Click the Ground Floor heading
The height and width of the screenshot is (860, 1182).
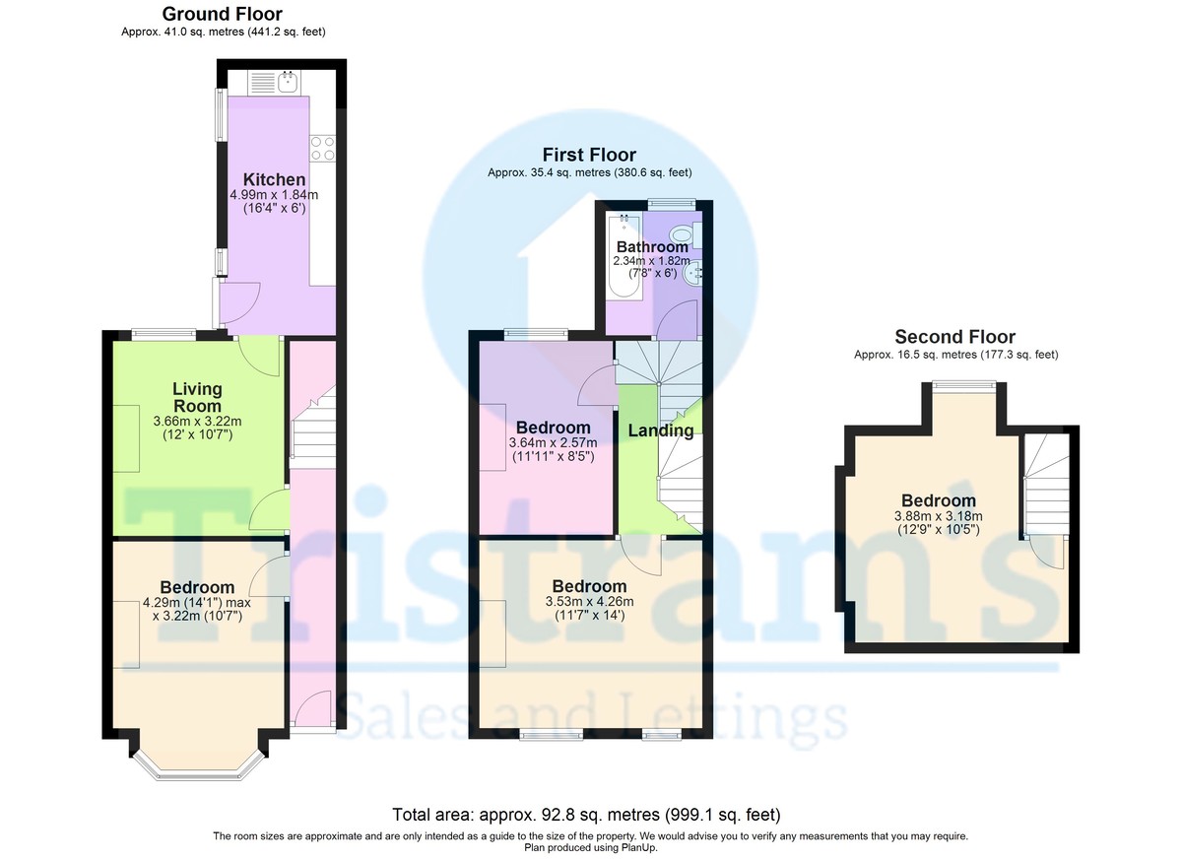point(223,14)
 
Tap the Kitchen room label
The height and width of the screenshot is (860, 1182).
point(274,179)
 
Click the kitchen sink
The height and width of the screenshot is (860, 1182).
point(288,83)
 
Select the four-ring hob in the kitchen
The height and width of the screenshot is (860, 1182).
point(322,148)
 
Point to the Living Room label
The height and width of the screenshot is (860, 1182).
point(197,397)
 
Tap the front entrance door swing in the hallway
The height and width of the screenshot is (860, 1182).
point(312,708)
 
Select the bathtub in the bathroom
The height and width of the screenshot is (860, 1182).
point(624,256)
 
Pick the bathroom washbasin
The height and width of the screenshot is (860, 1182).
point(692,273)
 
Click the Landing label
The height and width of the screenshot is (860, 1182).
point(661,430)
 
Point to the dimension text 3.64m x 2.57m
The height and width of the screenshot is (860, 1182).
point(553,442)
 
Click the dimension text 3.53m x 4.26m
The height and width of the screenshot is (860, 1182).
point(589,602)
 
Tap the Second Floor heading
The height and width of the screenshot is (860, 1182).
point(955,337)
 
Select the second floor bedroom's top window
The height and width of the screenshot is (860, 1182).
point(964,385)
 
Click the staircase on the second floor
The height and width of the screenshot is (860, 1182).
point(1047,486)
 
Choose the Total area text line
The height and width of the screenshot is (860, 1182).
point(586,815)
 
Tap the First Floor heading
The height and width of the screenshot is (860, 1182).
point(589,155)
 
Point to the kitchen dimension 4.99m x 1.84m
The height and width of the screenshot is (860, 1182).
point(274,195)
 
